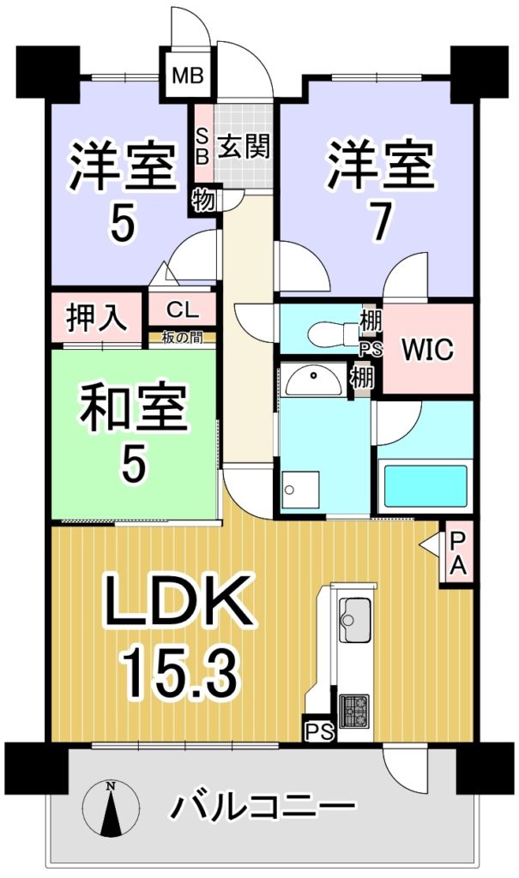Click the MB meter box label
pyautogui.click(x=188, y=75)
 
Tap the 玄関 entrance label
pyautogui.click(x=244, y=147)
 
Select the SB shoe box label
pyautogui.click(x=203, y=146)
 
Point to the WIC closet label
pyautogui.click(x=427, y=350)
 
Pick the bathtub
pyautogui.click(x=424, y=486)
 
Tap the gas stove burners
pyautogui.click(x=354, y=710)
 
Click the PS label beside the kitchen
pyautogui.click(x=319, y=731)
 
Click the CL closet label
pyautogui.click(x=182, y=309)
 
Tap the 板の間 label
pyautogui.click(x=182, y=338)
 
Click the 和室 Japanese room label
pyautogui.click(x=133, y=411)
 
